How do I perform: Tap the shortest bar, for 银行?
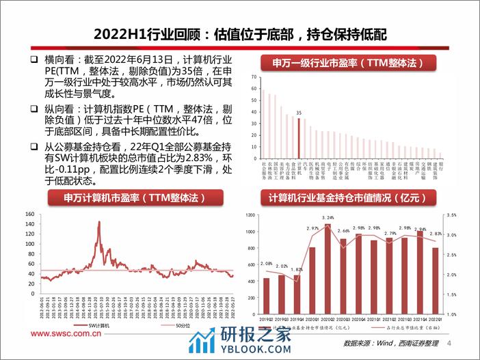pos(440,154)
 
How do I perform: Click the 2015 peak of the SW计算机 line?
pos(99,223)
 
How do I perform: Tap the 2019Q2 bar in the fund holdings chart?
pos(267,290)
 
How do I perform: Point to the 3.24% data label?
pos(328,218)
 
